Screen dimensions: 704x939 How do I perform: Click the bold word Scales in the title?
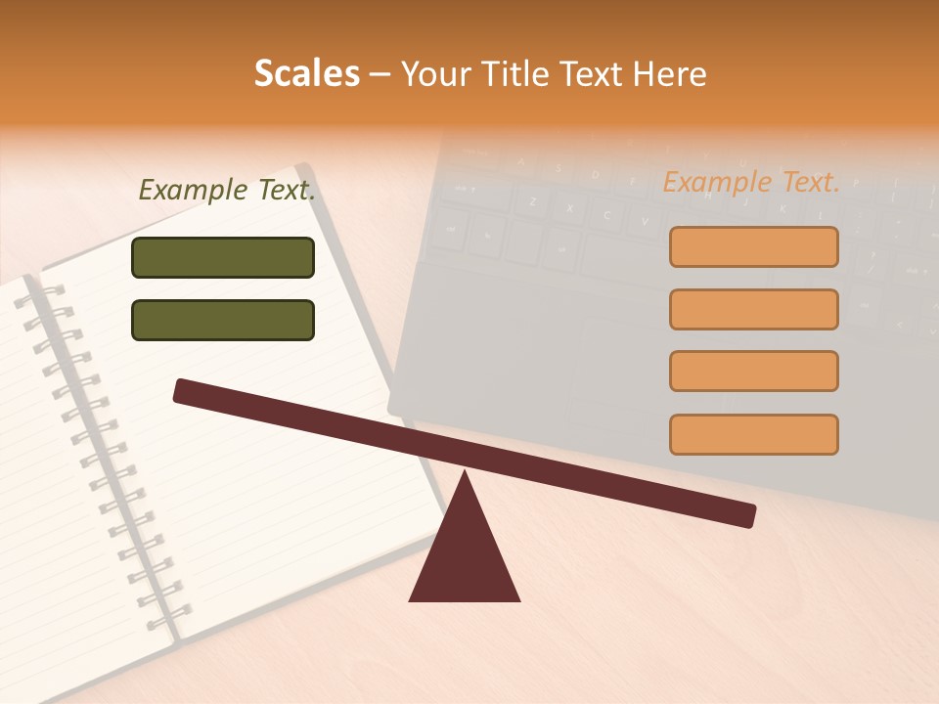(306, 74)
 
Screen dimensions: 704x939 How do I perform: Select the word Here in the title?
(668, 74)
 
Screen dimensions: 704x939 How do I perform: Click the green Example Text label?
(227, 190)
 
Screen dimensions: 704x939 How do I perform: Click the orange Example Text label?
(751, 182)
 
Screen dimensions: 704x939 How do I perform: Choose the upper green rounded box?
(223, 257)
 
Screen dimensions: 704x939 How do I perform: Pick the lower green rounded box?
(223, 320)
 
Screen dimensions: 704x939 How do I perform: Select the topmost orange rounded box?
(753, 246)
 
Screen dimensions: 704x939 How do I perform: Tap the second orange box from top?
(753, 309)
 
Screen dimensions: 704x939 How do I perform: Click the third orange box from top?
(753, 371)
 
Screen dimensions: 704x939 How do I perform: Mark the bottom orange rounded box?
(753, 434)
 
